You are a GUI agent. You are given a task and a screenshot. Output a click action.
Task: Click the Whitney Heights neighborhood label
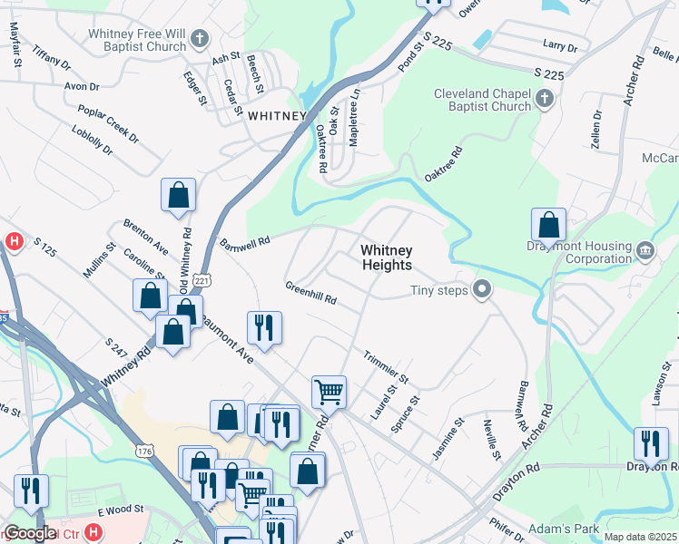pos(386,257)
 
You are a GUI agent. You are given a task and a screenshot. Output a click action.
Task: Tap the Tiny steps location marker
pos(482,290)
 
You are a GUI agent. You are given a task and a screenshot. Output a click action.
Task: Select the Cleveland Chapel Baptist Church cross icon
pos(545,99)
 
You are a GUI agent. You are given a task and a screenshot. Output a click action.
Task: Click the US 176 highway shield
pos(145,451)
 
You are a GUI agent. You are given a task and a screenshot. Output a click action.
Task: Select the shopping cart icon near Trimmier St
pos(329,393)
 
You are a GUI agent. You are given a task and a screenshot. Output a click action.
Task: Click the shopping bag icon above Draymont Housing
pos(548,224)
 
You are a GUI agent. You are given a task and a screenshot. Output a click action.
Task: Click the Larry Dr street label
pos(559,45)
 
